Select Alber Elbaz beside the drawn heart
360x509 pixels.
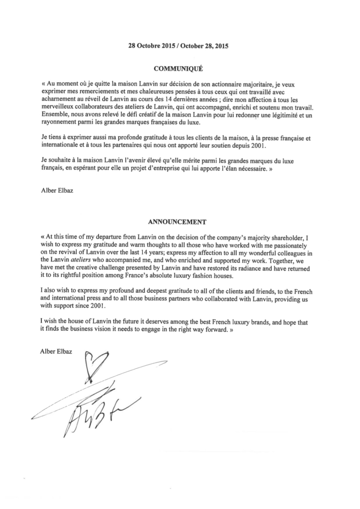(56, 352)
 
